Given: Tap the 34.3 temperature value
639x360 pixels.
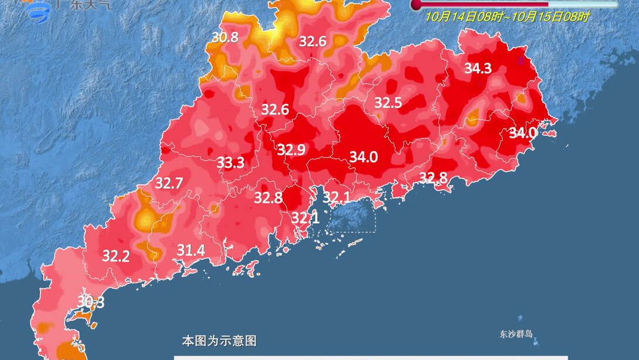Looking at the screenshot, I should tap(478, 68).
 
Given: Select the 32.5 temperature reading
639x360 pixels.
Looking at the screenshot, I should tap(388, 103).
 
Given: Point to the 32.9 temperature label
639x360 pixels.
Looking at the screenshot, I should tap(291, 150).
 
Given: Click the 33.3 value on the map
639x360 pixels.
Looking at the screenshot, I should tap(230, 162).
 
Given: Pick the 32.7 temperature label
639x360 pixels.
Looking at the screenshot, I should tap(169, 184).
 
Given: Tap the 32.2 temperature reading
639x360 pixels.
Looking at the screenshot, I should tap(116, 256).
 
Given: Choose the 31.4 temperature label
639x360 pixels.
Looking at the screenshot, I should tap(191, 251).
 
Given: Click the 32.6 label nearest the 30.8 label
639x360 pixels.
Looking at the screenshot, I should tap(312, 42).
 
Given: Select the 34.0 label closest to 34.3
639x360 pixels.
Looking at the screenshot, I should tap(522, 133).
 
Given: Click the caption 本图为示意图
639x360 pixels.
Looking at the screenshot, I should tap(219, 341).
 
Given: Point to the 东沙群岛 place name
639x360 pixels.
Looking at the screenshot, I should tap(516, 334).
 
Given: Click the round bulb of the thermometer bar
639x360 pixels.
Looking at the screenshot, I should tap(416, 5).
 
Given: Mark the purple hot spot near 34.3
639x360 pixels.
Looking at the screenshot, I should tap(522, 59).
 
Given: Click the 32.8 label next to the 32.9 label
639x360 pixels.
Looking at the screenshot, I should tap(268, 198).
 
